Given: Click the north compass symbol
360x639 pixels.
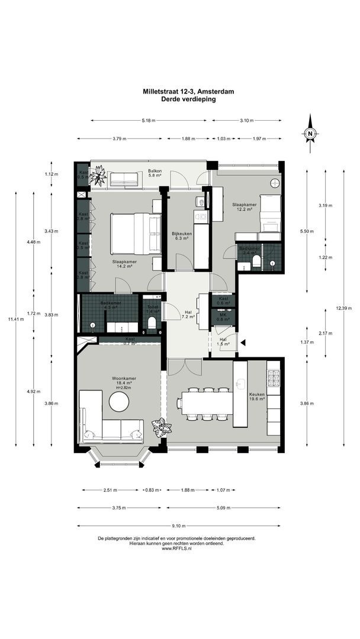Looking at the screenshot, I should [310, 134].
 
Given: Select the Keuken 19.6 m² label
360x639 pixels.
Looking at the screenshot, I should [258, 396].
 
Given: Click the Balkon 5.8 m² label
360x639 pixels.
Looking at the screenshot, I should [155, 173].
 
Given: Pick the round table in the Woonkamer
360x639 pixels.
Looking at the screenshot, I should [120, 404].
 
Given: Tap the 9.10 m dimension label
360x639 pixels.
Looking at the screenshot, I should [179, 525].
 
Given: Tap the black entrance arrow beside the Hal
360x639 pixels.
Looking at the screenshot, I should [243, 341].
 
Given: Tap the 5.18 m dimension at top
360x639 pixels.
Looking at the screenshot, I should [149, 121].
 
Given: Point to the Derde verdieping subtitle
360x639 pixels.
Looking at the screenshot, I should [188, 100].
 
